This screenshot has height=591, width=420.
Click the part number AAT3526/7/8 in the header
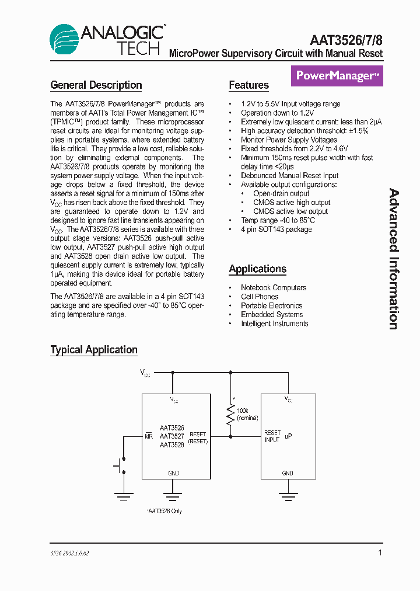pyautogui.click(x=346, y=40)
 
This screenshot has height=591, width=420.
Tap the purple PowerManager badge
pyautogui.click(x=337, y=76)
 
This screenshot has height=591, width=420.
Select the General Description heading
pyautogui.click(x=96, y=85)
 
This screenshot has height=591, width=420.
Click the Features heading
pyautogui.click(x=249, y=85)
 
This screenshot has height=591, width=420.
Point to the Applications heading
pyautogui.click(x=257, y=269)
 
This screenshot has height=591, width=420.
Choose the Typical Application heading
pyautogui.click(x=94, y=350)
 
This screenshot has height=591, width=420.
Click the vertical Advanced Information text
pyautogui.click(x=394, y=259)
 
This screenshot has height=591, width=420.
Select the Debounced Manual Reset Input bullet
pyautogui.click(x=289, y=176)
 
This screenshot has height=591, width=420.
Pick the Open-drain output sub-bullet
pyautogui.click(x=281, y=193)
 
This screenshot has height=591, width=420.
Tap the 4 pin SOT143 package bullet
pyautogui.click(x=276, y=230)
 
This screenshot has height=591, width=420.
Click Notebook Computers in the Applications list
pyautogui.click(x=273, y=288)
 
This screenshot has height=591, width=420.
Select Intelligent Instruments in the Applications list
pyautogui.click(x=274, y=324)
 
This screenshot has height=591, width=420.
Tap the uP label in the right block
pyautogui.click(x=288, y=436)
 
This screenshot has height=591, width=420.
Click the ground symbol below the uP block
pyautogui.click(x=288, y=498)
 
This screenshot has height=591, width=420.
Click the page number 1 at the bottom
pyautogui.click(x=380, y=552)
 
